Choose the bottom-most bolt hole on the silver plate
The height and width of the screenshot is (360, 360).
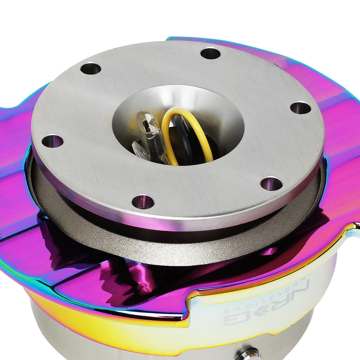pos(142,202)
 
